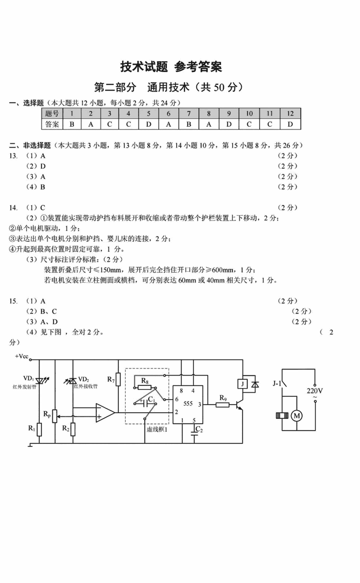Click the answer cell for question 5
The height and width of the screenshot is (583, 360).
149,124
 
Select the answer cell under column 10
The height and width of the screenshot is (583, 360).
249,124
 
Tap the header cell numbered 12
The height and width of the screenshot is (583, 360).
290,114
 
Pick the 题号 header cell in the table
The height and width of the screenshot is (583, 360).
52,114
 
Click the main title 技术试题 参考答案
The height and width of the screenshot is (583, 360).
171,67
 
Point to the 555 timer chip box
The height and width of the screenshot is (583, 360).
188,404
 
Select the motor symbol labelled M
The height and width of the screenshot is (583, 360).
296,415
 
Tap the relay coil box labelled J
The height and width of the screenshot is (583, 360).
243,384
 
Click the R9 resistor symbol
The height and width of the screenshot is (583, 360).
222,405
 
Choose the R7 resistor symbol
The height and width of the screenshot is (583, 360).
118,379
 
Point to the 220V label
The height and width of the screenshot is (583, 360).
315,391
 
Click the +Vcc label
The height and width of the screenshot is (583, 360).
22,356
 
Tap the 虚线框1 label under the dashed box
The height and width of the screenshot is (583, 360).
157,429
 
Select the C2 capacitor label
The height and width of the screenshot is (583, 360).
199,429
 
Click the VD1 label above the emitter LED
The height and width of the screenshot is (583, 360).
28,378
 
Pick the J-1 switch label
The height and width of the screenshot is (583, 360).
277,383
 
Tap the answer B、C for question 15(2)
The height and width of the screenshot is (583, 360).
48,311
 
